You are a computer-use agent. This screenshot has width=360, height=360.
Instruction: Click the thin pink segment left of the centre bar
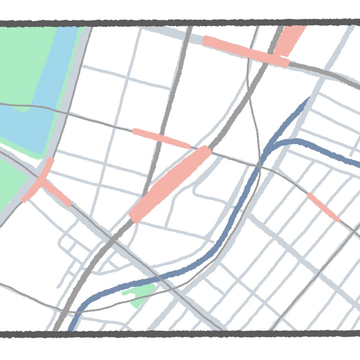[x=161, y=138]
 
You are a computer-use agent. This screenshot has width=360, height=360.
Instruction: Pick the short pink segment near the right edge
[x=323, y=207]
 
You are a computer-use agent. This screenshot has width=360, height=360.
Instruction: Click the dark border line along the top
[x=180, y=23]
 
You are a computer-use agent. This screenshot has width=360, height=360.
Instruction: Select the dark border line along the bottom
[x=180, y=334]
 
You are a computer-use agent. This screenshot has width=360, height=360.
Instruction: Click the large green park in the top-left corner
[x=22, y=54]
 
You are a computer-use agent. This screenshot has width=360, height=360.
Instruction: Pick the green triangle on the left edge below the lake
[x=11, y=184]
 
